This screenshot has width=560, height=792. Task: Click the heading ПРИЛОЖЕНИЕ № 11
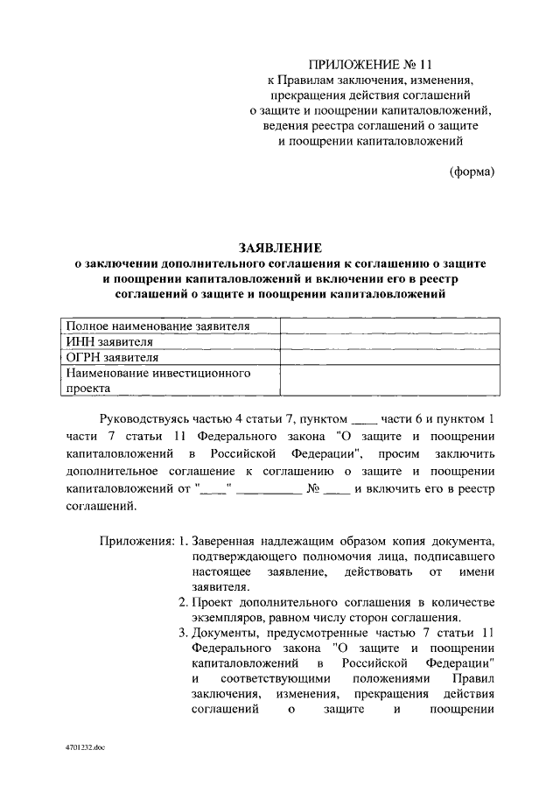tap(370, 64)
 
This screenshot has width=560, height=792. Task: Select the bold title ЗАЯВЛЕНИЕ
tap(282, 249)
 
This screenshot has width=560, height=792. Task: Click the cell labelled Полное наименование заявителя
tap(158, 326)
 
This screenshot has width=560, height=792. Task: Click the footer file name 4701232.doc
tap(84, 750)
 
